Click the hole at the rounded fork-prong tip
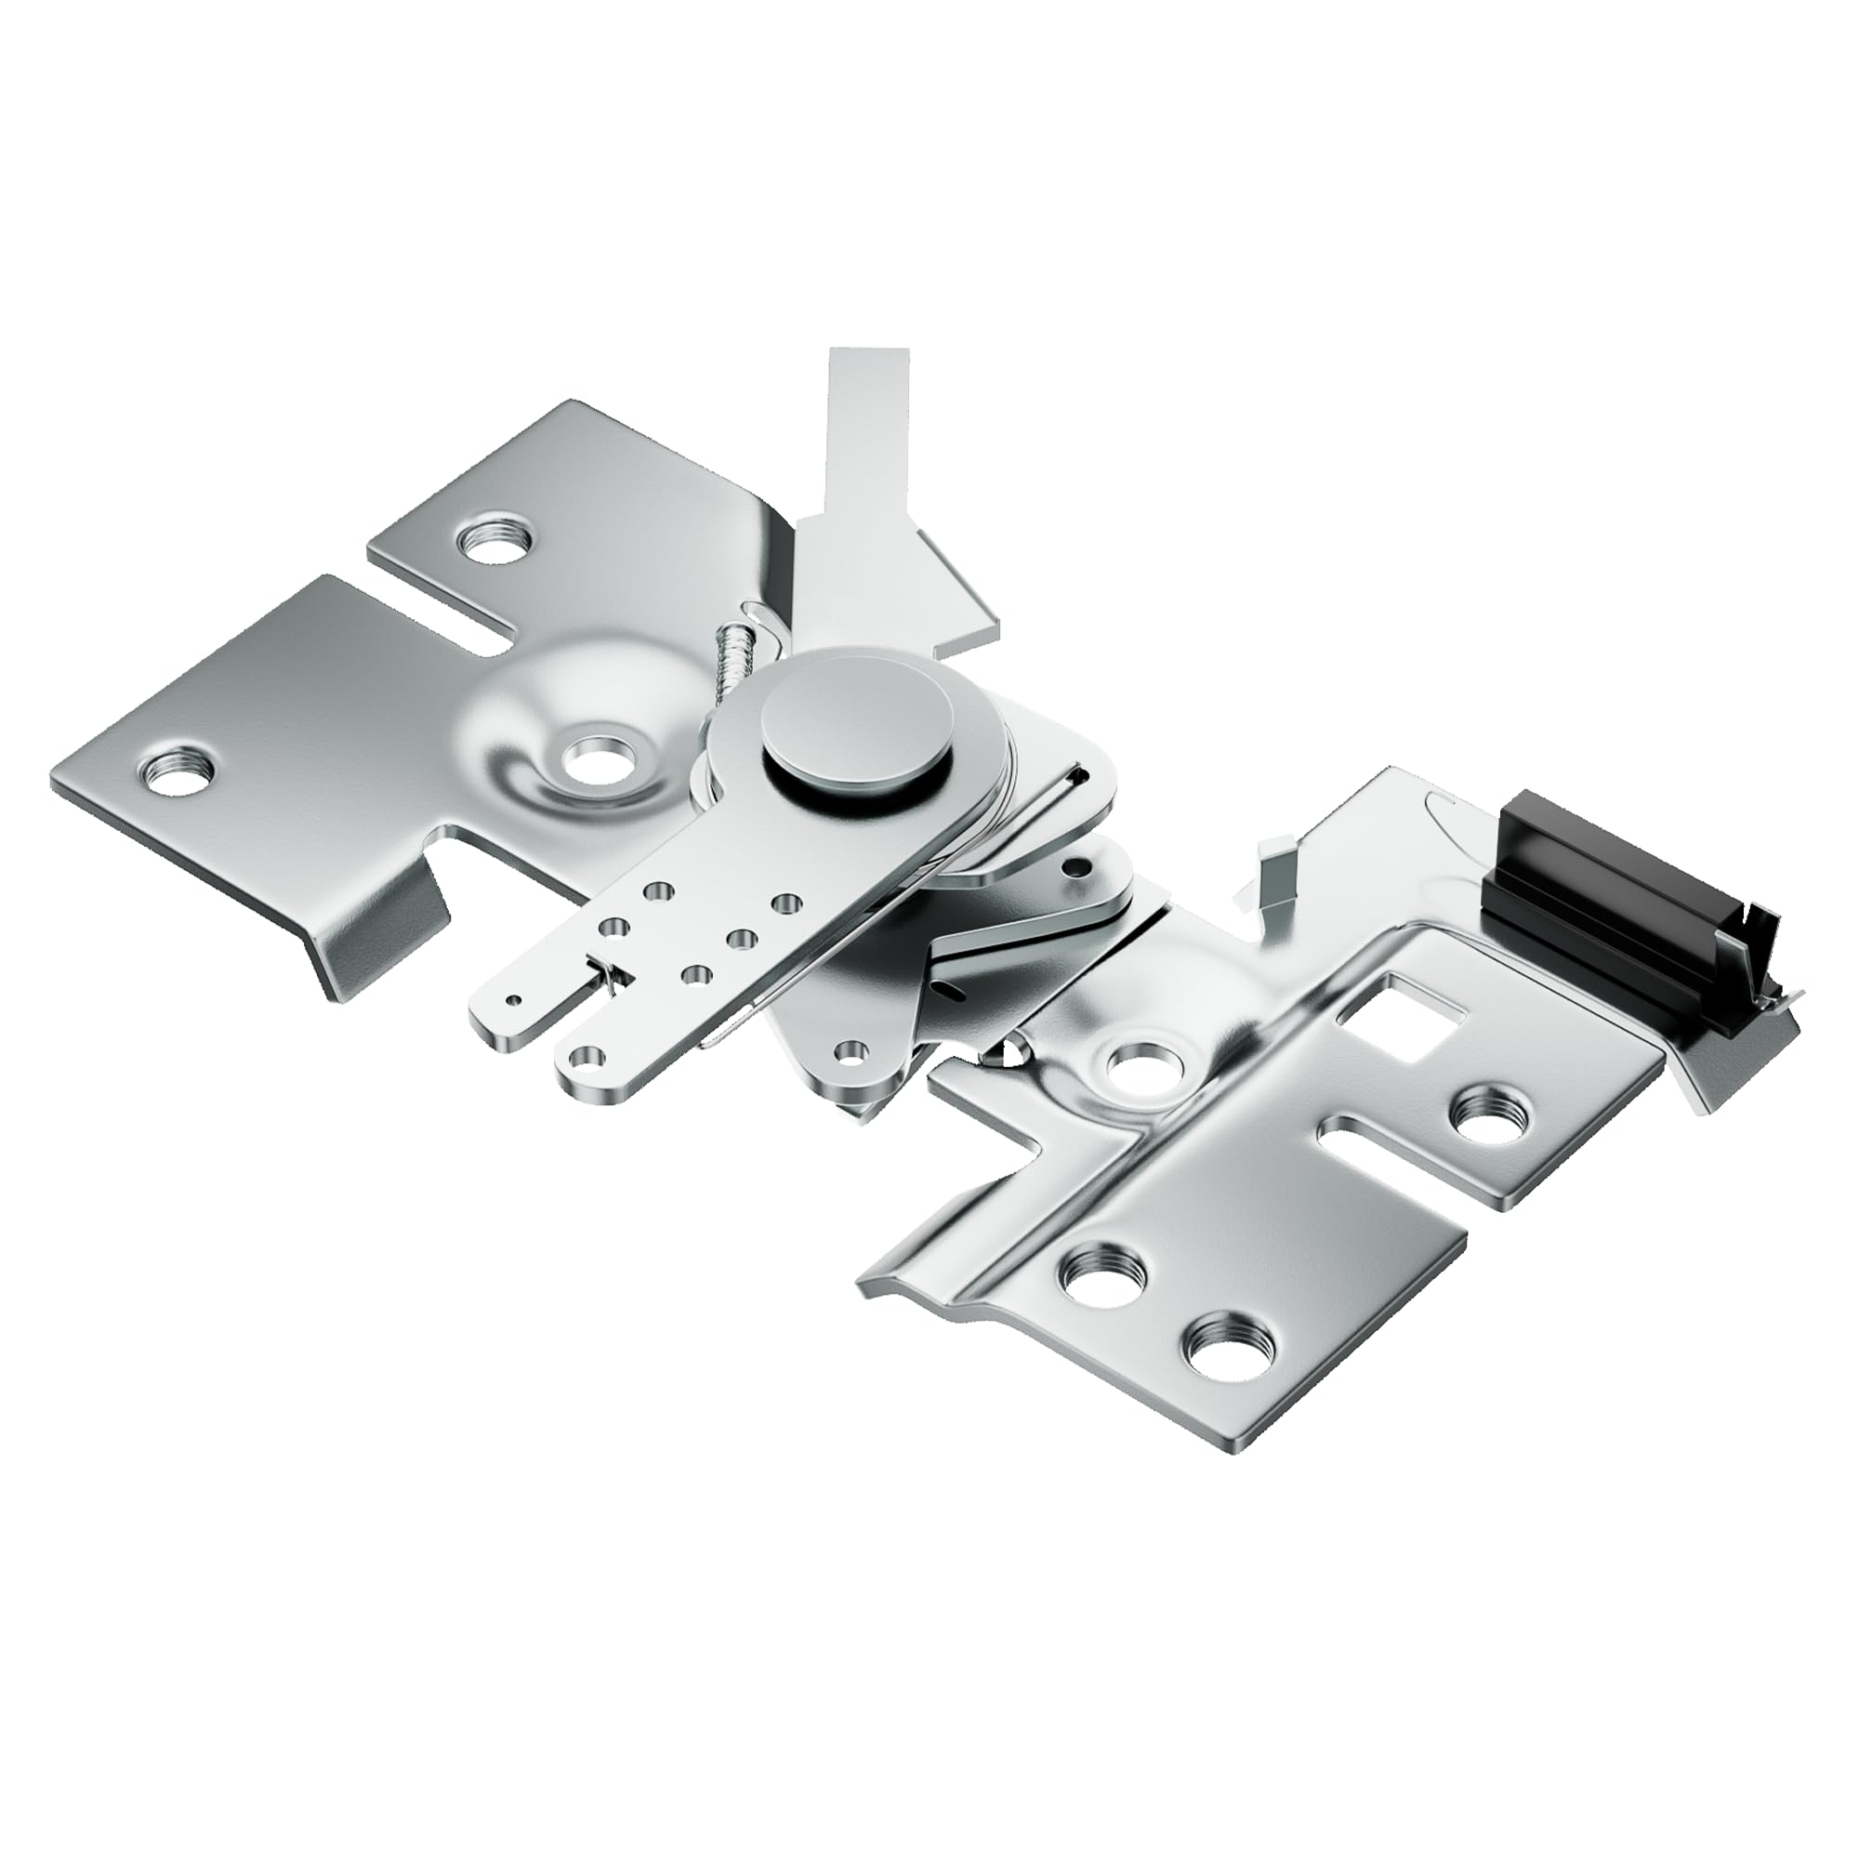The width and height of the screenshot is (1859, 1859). [581, 1060]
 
